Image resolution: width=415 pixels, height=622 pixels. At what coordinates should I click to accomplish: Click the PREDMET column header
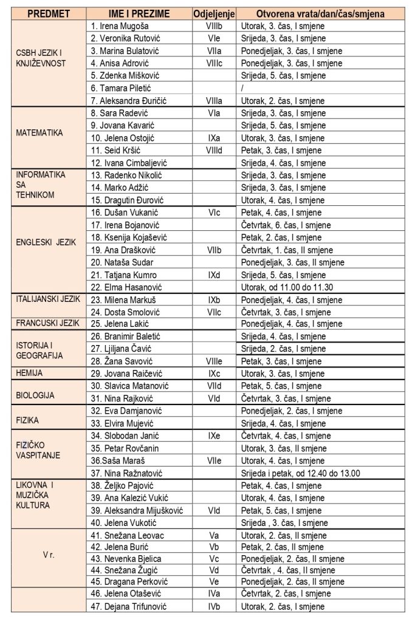pos(49,13)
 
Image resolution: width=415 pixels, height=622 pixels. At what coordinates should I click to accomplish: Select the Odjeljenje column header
pos(213,13)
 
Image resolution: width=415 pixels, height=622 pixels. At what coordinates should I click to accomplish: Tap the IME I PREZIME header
pos(138,13)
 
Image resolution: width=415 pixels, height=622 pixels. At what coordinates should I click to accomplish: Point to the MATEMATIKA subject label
pos(39,132)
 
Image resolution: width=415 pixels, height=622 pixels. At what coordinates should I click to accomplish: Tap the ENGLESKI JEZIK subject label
pos(46,241)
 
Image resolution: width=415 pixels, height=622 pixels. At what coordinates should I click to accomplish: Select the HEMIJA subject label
pos(29,372)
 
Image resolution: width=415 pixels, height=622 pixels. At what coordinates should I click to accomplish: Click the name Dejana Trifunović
pos(128,606)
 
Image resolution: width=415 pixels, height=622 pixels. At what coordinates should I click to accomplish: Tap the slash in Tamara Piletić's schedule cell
pos(242,89)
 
